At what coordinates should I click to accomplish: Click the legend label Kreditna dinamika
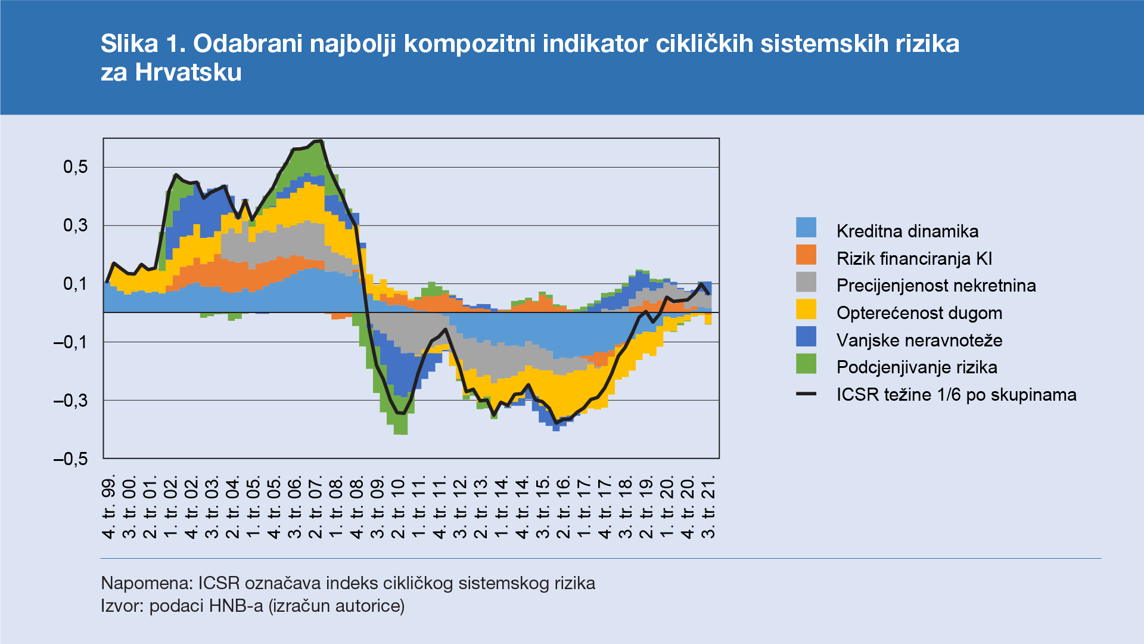click(907, 231)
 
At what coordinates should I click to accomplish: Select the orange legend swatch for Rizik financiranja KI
click(806, 255)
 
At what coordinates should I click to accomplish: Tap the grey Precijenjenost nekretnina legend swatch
click(806, 282)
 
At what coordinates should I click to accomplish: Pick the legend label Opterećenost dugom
click(919, 313)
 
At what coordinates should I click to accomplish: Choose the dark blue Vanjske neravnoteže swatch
click(806, 337)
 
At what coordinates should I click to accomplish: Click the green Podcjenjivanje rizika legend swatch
click(806, 364)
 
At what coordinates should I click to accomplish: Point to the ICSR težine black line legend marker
click(806, 394)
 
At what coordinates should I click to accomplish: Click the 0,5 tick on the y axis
click(76, 168)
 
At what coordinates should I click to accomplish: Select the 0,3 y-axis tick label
click(76, 225)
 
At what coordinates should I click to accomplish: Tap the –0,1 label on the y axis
click(70, 342)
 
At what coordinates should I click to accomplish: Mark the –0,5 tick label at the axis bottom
click(70, 459)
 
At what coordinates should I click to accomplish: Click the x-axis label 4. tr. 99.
click(108, 507)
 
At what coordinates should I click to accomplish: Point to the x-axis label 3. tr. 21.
click(708, 507)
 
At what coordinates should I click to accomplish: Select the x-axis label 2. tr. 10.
click(398, 507)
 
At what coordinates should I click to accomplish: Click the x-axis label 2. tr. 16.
click(564, 507)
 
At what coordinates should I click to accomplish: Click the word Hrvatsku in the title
click(188, 73)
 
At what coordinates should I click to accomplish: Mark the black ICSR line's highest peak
click(319, 141)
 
